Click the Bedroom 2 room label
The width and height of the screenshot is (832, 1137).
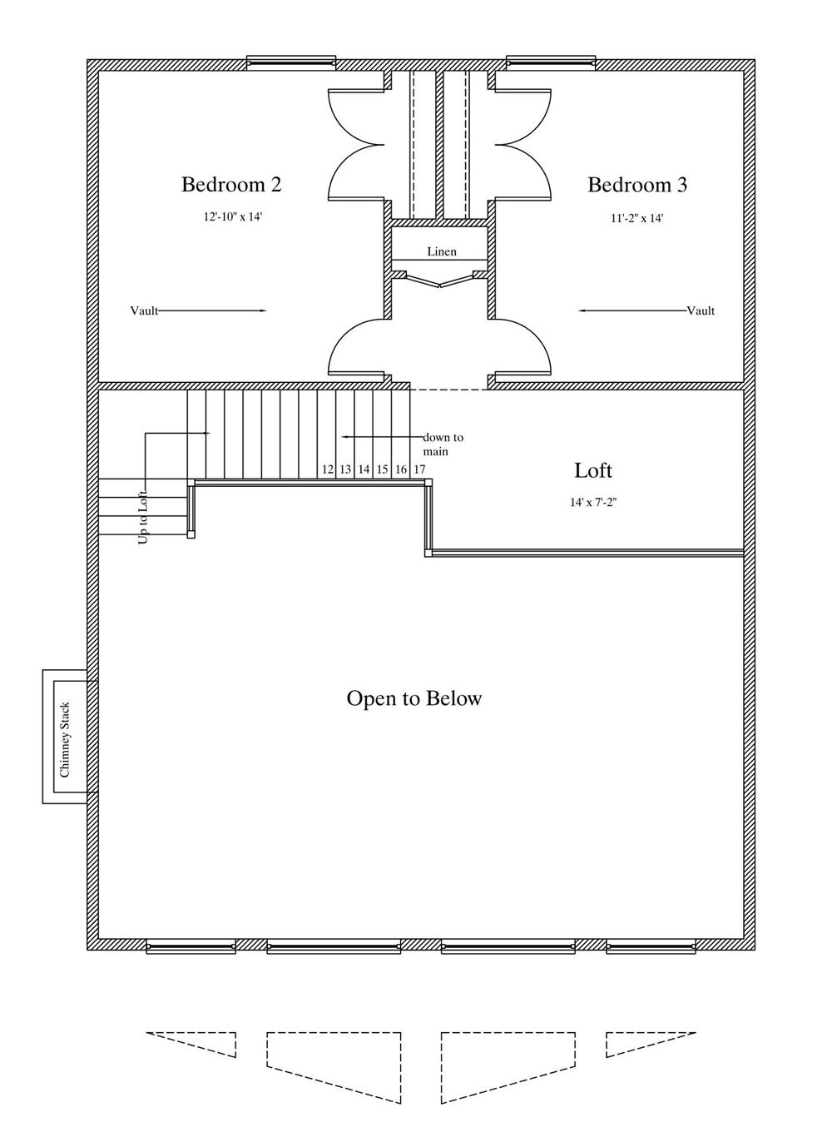pyautogui.click(x=231, y=184)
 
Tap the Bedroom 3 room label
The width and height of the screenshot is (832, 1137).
pyautogui.click(x=637, y=185)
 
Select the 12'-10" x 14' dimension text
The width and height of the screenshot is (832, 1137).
pyautogui.click(x=233, y=216)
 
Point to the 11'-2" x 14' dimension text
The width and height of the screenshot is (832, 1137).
pyautogui.click(x=637, y=218)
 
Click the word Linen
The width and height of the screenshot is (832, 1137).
pyautogui.click(x=441, y=251)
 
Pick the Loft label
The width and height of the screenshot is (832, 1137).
pyautogui.click(x=593, y=470)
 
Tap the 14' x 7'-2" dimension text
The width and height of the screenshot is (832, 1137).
pyautogui.click(x=593, y=503)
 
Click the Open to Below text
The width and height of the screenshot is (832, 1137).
pyautogui.click(x=414, y=698)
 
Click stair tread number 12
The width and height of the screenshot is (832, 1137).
pyautogui.click(x=328, y=469)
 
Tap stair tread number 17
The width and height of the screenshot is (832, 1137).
pyautogui.click(x=419, y=469)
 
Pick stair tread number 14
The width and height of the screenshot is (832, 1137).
pyautogui.click(x=364, y=469)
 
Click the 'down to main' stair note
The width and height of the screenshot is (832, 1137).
pyautogui.click(x=443, y=444)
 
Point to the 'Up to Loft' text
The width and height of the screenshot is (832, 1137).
pyautogui.click(x=143, y=518)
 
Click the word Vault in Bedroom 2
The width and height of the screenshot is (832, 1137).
pyautogui.click(x=144, y=310)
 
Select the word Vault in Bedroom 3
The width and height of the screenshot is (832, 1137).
pyautogui.click(x=701, y=310)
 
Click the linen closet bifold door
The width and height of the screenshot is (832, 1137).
pyautogui.click(x=440, y=280)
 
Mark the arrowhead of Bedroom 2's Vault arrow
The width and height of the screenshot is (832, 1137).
pyautogui.click(x=263, y=310)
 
